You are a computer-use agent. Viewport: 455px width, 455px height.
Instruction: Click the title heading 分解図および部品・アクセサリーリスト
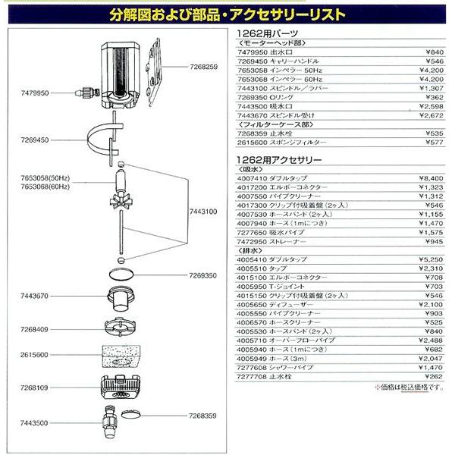[227, 14]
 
